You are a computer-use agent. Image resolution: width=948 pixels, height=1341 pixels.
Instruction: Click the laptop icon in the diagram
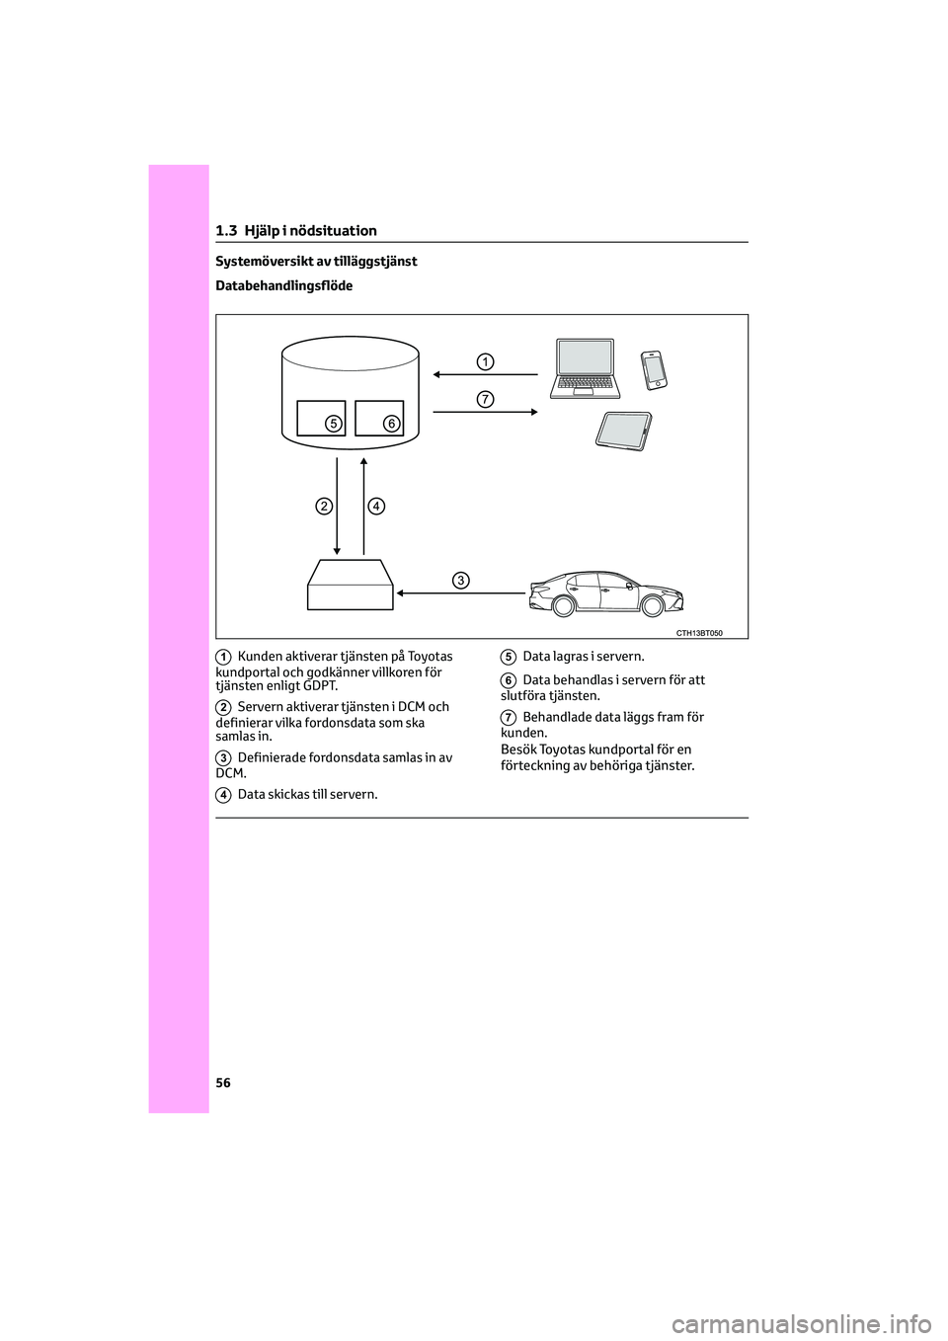pos(586,367)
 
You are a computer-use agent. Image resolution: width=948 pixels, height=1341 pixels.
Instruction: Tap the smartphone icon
pos(654,369)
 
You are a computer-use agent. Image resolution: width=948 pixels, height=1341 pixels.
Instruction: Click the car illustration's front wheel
pos(653,605)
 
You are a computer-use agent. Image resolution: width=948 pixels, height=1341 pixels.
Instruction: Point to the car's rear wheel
pos(564,605)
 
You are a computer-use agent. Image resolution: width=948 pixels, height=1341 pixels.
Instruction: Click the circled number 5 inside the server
pos(334,424)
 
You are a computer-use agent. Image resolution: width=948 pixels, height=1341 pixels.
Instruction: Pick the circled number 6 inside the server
pos(391,424)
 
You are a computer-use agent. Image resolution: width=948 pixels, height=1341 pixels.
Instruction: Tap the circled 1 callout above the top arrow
pos(485,361)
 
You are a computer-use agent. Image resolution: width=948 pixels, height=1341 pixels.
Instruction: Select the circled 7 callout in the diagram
pos(485,399)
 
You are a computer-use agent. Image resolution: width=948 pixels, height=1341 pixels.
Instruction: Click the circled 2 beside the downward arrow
pos(324,507)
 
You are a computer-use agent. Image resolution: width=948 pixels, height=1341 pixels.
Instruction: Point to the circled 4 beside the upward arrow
pos(376,507)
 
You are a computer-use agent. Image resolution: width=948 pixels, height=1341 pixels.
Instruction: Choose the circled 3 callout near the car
pos(461,580)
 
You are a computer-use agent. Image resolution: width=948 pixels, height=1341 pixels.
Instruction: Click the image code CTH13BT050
pos(699,633)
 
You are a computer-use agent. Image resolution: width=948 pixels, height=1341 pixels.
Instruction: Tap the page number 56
pos(223,1083)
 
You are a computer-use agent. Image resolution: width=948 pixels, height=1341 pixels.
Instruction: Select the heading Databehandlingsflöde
pos(283,286)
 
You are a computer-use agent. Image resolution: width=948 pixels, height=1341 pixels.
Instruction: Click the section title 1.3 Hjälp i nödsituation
pos(296,231)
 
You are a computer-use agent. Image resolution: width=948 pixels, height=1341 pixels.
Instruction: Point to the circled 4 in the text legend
pos(224,795)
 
